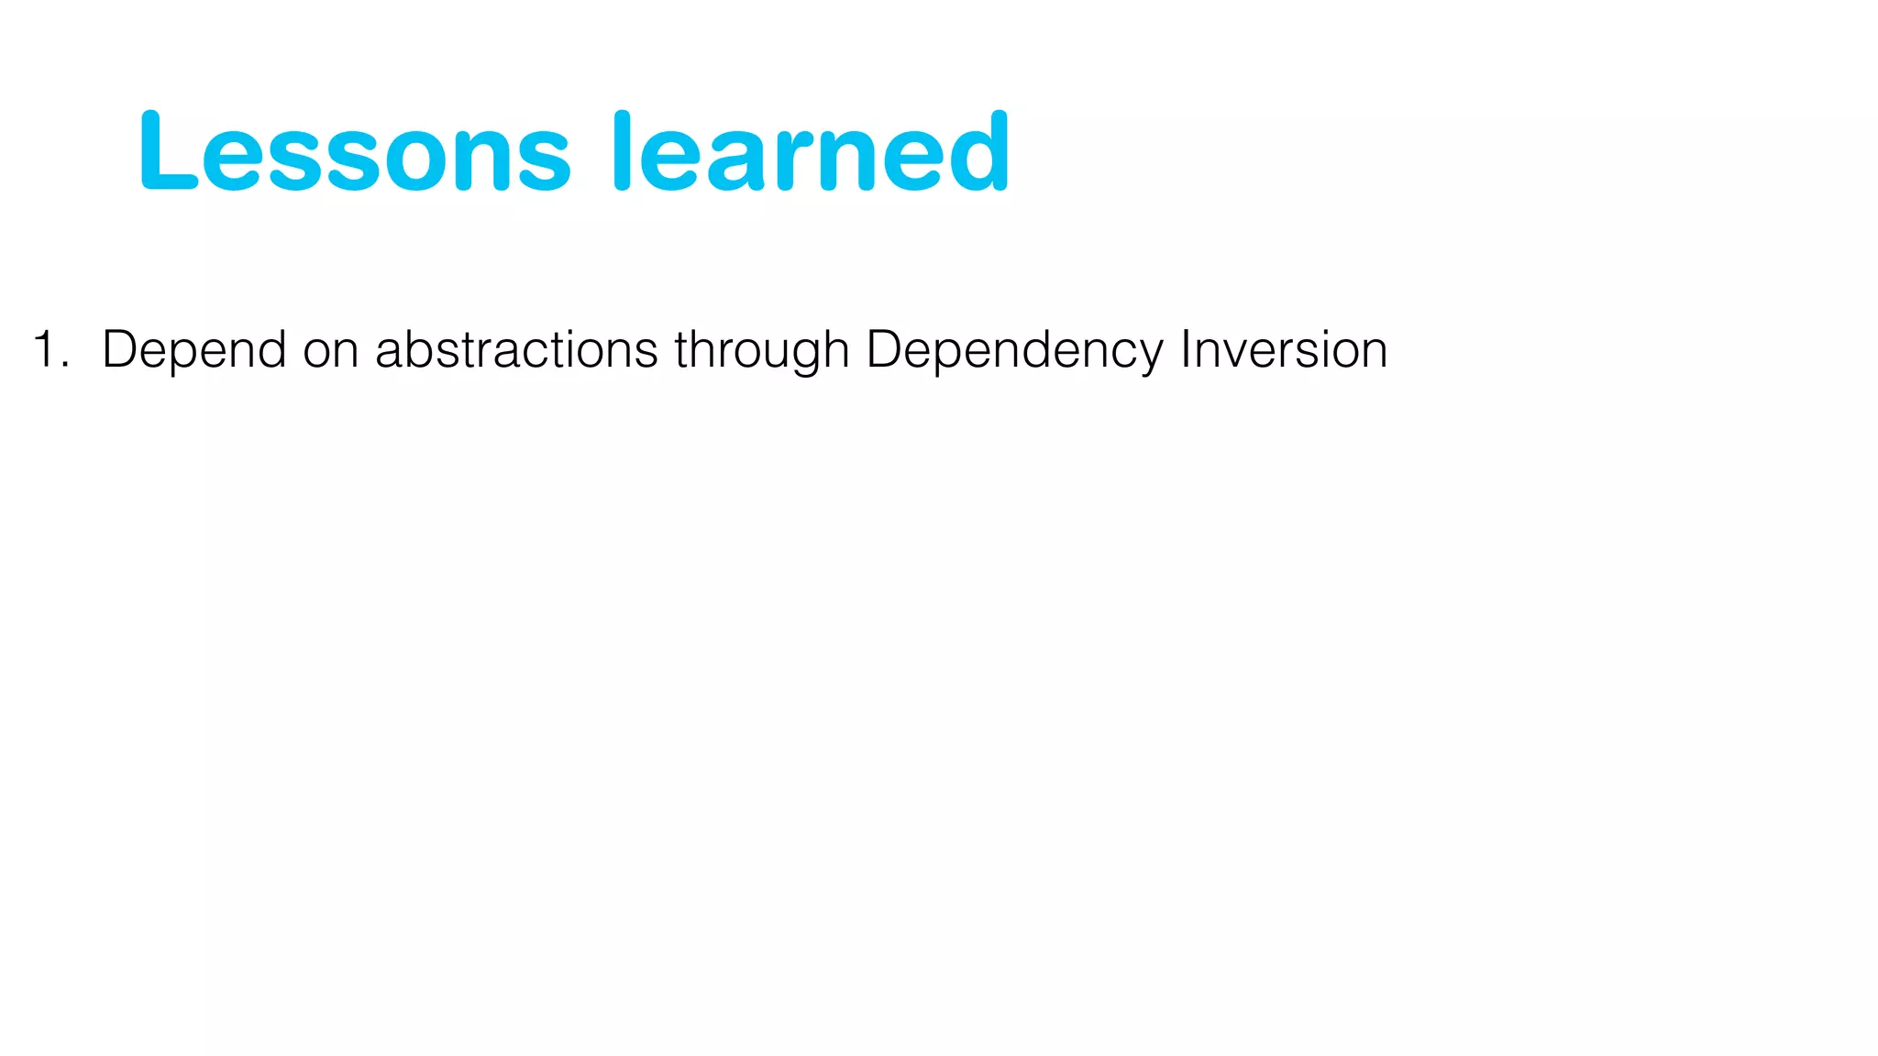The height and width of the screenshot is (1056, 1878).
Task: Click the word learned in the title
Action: pos(811,152)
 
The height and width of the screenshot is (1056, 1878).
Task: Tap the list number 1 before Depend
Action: pos(44,350)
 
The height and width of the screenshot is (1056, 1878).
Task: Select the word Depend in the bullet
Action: pos(193,350)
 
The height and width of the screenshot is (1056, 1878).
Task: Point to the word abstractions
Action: pos(516,350)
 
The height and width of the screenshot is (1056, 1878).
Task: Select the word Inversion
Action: pos(1284,350)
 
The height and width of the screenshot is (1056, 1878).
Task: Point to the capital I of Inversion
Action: pos(1186,348)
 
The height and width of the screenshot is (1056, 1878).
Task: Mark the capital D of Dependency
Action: pos(884,349)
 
